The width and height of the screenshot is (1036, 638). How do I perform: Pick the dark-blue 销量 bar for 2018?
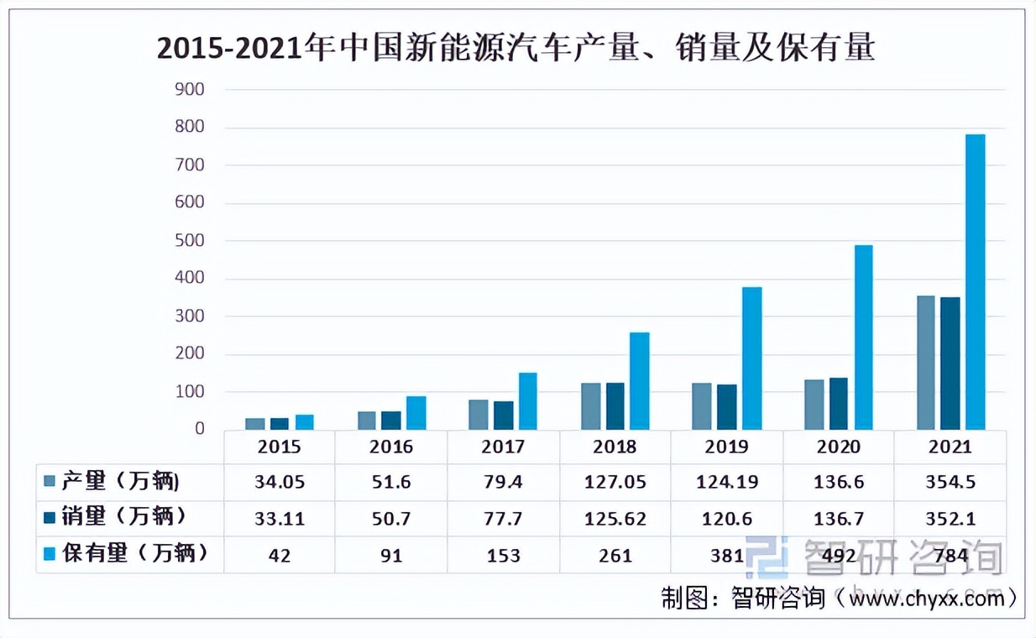tap(615, 406)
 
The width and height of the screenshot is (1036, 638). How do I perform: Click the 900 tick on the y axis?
tap(189, 89)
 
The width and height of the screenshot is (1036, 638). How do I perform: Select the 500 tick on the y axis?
tap(189, 241)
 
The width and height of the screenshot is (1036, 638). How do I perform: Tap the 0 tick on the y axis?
tap(199, 429)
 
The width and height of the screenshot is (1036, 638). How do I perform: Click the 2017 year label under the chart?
tap(503, 447)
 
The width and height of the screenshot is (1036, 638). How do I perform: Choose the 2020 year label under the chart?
tap(838, 447)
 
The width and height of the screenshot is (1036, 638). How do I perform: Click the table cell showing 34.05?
tap(280, 483)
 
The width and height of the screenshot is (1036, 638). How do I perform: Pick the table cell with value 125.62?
tap(615, 519)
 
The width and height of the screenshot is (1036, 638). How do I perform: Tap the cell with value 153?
tap(503, 555)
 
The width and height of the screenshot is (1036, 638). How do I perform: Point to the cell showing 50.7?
tap(391, 519)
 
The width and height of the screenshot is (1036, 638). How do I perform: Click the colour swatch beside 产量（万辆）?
tap(50, 482)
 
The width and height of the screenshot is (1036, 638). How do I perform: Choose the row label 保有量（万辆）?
tap(133, 554)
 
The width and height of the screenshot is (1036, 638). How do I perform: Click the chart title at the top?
tap(515, 49)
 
